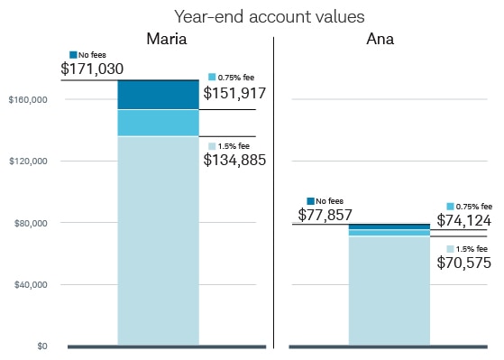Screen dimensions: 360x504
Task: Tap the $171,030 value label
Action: (x=92, y=69)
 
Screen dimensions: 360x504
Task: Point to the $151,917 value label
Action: (x=234, y=93)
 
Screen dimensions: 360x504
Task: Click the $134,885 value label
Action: (x=234, y=161)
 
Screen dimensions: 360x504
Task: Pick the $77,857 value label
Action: (x=325, y=215)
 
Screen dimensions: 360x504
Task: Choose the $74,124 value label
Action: (x=464, y=220)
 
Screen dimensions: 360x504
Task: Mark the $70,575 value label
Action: (x=464, y=263)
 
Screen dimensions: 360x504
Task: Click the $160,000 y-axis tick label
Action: (x=27, y=99)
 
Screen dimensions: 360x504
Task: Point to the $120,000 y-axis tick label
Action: (x=27, y=161)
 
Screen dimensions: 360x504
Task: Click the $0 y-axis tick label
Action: (x=41, y=346)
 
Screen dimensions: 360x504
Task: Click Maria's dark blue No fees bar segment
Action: (x=158, y=95)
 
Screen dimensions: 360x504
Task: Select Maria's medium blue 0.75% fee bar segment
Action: (x=158, y=123)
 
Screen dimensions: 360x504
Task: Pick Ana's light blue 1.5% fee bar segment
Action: (x=389, y=290)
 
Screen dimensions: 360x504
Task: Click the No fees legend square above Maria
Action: (x=73, y=54)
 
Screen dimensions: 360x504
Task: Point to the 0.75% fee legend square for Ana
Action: (x=450, y=207)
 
